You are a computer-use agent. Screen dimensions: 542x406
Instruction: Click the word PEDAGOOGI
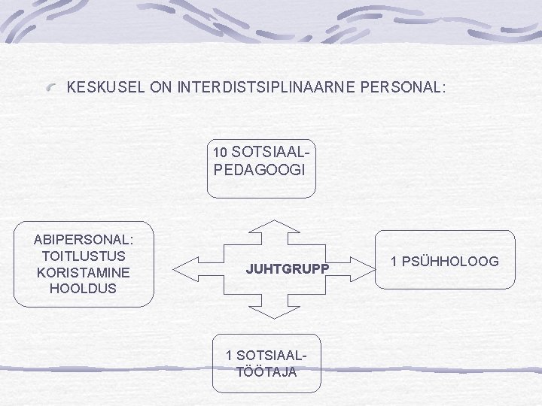pyautogui.click(x=260, y=170)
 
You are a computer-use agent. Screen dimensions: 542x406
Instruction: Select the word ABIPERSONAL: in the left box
pyautogui.click(x=84, y=239)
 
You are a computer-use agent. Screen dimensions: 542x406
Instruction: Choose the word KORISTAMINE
pyautogui.click(x=84, y=271)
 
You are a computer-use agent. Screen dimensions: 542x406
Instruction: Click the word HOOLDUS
pyautogui.click(x=84, y=288)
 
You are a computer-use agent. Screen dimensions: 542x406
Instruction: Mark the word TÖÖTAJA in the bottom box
pyautogui.click(x=266, y=371)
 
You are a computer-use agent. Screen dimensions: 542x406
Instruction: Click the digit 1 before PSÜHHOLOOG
pyautogui.click(x=394, y=262)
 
